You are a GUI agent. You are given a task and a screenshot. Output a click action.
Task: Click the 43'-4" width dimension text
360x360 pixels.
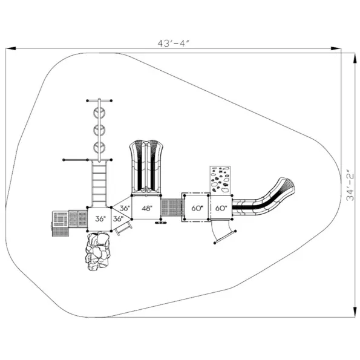click(x=173, y=43)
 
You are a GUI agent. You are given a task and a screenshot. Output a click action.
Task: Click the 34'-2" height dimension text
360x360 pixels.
click(x=350, y=185)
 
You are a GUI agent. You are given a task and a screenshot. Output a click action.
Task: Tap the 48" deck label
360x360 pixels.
click(x=147, y=208)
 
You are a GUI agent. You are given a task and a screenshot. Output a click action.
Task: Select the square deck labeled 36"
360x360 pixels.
click(x=99, y=219)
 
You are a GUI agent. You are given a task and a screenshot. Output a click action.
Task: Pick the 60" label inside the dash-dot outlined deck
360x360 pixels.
click(x=197, y=208)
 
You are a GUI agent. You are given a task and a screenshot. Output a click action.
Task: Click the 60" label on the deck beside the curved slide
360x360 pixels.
click(x=221, y=208)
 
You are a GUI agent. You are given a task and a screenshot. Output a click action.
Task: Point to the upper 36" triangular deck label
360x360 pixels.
click(x=125, y=208)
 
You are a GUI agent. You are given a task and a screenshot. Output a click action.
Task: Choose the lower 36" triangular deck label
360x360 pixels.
click(x=118, y=219)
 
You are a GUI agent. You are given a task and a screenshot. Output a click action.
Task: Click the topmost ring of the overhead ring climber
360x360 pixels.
click(x=99, y=113)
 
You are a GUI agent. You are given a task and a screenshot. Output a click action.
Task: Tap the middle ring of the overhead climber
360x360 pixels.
click(x=99, y=130)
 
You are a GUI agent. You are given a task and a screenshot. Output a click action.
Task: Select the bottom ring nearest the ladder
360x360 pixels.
click(x=99, y=148)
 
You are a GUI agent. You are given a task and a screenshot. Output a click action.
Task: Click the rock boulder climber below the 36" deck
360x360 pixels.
click(x=98, y=250)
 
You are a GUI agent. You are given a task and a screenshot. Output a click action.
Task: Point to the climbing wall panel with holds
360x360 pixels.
click(x=220, y=181)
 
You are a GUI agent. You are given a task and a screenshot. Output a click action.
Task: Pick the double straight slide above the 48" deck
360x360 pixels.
click(x=146, y=167)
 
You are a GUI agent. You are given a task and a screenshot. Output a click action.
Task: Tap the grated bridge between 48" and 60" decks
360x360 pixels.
click(x=172, y=208)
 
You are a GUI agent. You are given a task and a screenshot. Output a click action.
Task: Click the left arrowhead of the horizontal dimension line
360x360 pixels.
click(x=10, y=48)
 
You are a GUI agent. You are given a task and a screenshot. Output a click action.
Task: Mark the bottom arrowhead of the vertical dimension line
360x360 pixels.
click(x=355, y=312)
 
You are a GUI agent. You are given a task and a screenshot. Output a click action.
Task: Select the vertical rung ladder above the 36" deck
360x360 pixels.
click(x=99, y=184)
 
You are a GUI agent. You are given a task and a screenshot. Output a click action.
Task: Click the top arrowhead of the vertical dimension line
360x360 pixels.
click(x=355, y=58)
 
